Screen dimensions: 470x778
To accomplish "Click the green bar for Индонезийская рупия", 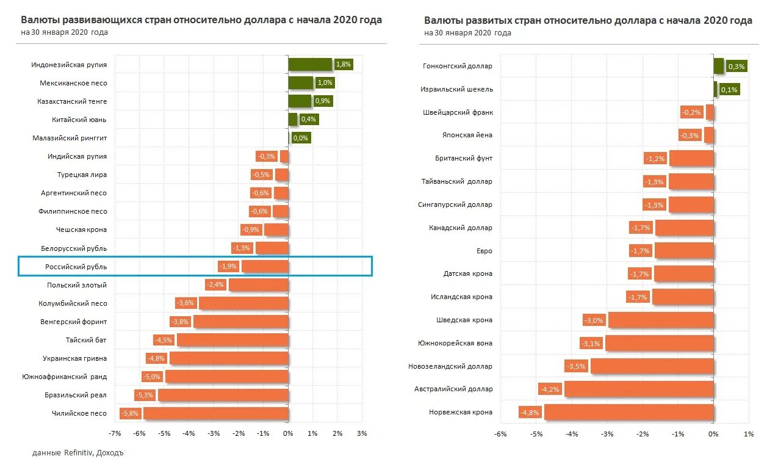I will pyautogui.click(x=310, y=65).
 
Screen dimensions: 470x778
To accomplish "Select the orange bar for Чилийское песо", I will pyautogui.click(x=215, y=413).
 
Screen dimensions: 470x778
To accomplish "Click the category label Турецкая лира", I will pyautogui.click(x=82, y=175).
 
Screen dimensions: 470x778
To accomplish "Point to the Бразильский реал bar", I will pyautogui.click(x=223, y=395).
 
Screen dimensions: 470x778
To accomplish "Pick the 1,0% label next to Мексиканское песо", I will pyautogui.click(x=325, y=83).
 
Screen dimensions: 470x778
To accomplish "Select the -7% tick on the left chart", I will pyautogui.click(x=114, y=433).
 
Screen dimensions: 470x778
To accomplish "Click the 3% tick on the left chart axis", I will pyautogui.click(x=361, y=433).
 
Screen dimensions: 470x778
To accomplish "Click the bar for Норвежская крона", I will pyautogui.click(x=629, y=412).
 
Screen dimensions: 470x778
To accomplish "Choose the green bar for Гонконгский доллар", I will pyautogui.click(x=718, y=66).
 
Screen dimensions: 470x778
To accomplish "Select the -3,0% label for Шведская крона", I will pyautogui.click(x=593, y=320).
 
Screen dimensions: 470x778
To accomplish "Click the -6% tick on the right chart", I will pyautogui.click(x=500, y=433).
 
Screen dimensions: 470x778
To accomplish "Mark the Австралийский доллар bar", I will pyautogui.click(x=638, y=389).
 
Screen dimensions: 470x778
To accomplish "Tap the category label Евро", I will pyautogui.click(x=484, y=251).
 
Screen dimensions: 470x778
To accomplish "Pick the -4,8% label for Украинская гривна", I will pyautogui.click(x=156, y=358).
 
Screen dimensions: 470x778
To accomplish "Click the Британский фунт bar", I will pyautogui.click(x=691, y=158).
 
